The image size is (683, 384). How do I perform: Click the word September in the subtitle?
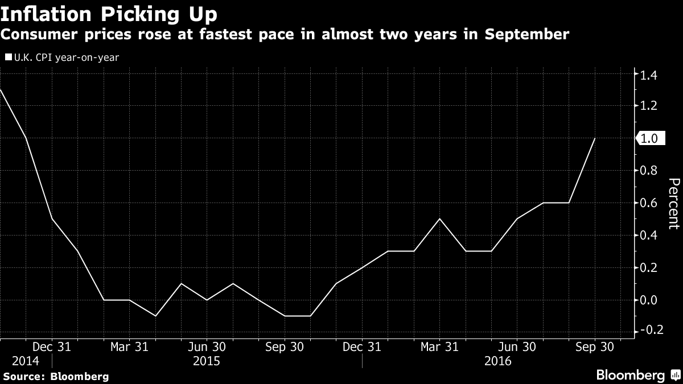(526, 35)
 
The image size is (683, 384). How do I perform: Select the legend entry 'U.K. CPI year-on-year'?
(62, 57)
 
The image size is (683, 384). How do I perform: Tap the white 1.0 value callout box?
(650, 138)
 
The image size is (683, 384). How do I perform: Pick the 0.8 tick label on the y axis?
(650, 171)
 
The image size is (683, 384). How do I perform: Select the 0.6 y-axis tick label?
(650, 203)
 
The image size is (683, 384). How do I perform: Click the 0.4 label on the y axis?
(650, 236)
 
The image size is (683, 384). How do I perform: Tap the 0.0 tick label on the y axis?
(650, 300)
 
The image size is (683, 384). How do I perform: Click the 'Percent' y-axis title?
(673, 203)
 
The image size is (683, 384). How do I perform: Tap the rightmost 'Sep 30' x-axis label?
(594, 346)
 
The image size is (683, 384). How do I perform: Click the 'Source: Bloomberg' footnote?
(56, 376)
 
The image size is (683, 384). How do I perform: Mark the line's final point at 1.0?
(595, 138)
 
